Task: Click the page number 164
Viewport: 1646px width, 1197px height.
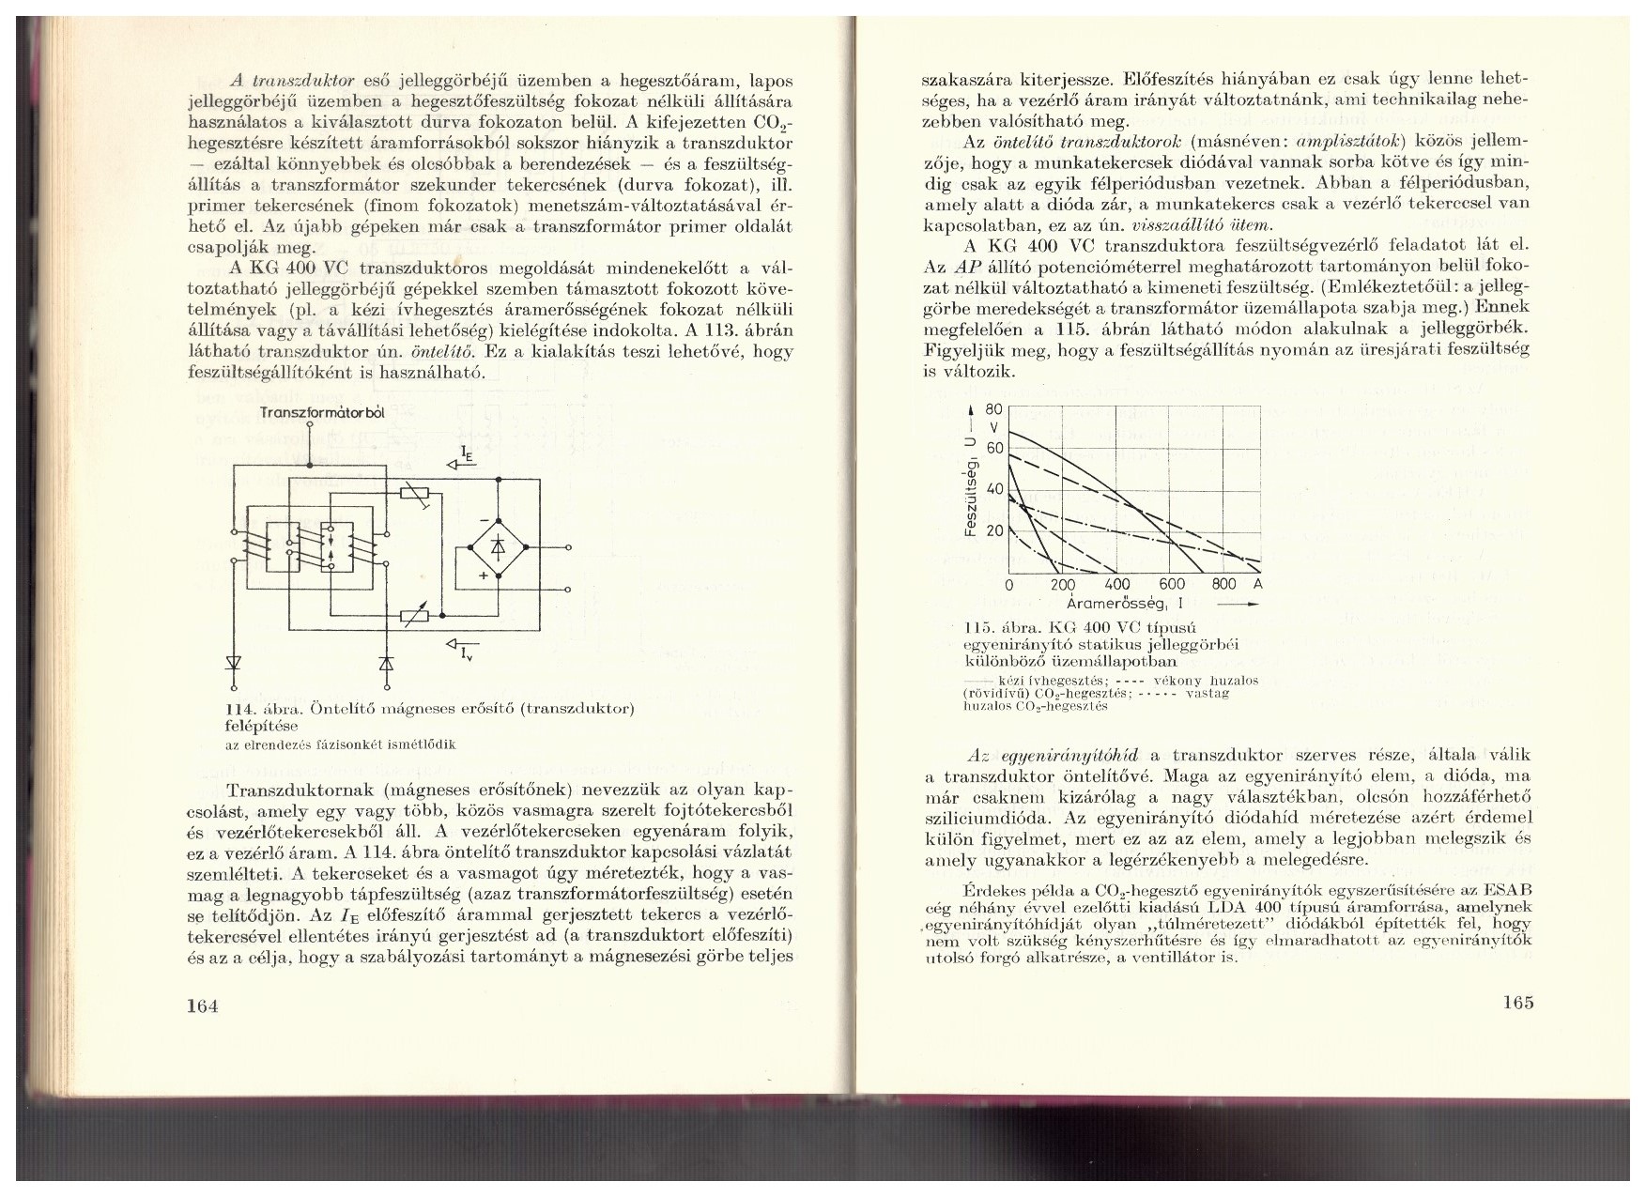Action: [203, 1005]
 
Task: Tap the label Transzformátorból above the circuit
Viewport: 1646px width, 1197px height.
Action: [309, 412]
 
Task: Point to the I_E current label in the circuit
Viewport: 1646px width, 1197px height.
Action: [467, 458]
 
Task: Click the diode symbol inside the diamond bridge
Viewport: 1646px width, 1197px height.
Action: [498, 547]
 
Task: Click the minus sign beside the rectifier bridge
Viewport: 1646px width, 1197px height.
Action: [483, 519]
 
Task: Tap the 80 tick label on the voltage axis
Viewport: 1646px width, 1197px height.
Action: [996, 409]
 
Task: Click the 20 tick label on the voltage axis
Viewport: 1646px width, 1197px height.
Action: [996, 530]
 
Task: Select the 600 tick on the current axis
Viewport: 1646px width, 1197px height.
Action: [1172, 585]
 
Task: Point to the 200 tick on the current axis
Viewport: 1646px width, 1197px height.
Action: [1062, 585]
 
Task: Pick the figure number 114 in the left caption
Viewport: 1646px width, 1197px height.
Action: [243, 709]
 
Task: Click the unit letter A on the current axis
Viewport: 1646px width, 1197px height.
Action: [1259, 584]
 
